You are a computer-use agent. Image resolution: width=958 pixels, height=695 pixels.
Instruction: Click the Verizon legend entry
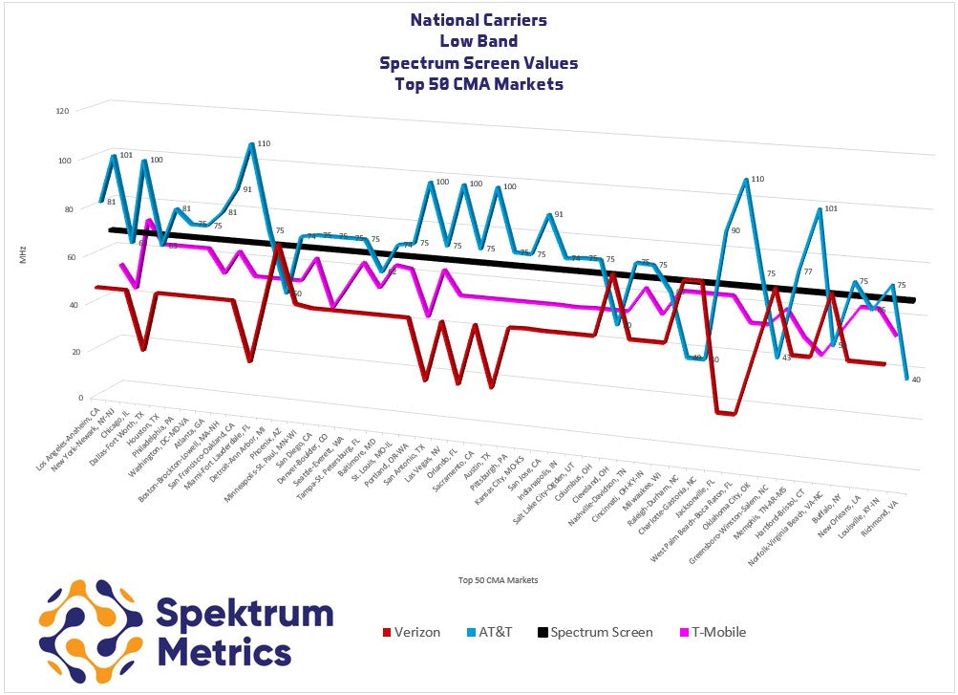(x=411, y=632)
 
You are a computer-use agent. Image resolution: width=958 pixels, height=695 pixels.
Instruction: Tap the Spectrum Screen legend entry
(x=594, y=632)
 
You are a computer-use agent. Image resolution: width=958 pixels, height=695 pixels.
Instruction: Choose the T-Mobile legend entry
(x=711, y=632)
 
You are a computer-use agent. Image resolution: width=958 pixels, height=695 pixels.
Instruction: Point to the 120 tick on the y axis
(x=63, y=111)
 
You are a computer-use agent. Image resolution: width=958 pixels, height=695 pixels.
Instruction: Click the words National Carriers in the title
(x=478, y=19)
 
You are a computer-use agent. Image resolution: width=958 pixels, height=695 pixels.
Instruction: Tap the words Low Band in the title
(x=478, y=41)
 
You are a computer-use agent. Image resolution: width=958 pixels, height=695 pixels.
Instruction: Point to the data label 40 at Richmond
(x=916, y=380)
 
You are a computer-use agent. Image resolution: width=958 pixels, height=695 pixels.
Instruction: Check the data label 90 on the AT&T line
(x=735, y=230)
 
